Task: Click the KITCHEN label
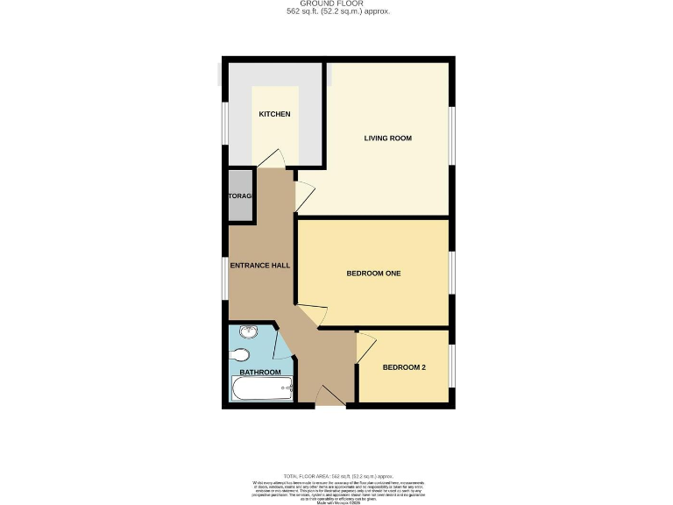click(274, 115)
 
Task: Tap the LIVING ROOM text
click(387, 139)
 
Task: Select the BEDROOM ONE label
click(373, 274)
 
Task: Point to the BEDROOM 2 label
click(404, 367)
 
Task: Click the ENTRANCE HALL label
click(260, 265)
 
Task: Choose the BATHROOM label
click(260, 373)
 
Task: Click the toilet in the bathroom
click(242, 354)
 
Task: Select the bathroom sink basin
click(246, 332)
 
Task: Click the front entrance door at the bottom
click(329, 398)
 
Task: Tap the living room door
click(304, 196)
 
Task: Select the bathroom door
click(283, 346)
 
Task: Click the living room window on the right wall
click(452, 136)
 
